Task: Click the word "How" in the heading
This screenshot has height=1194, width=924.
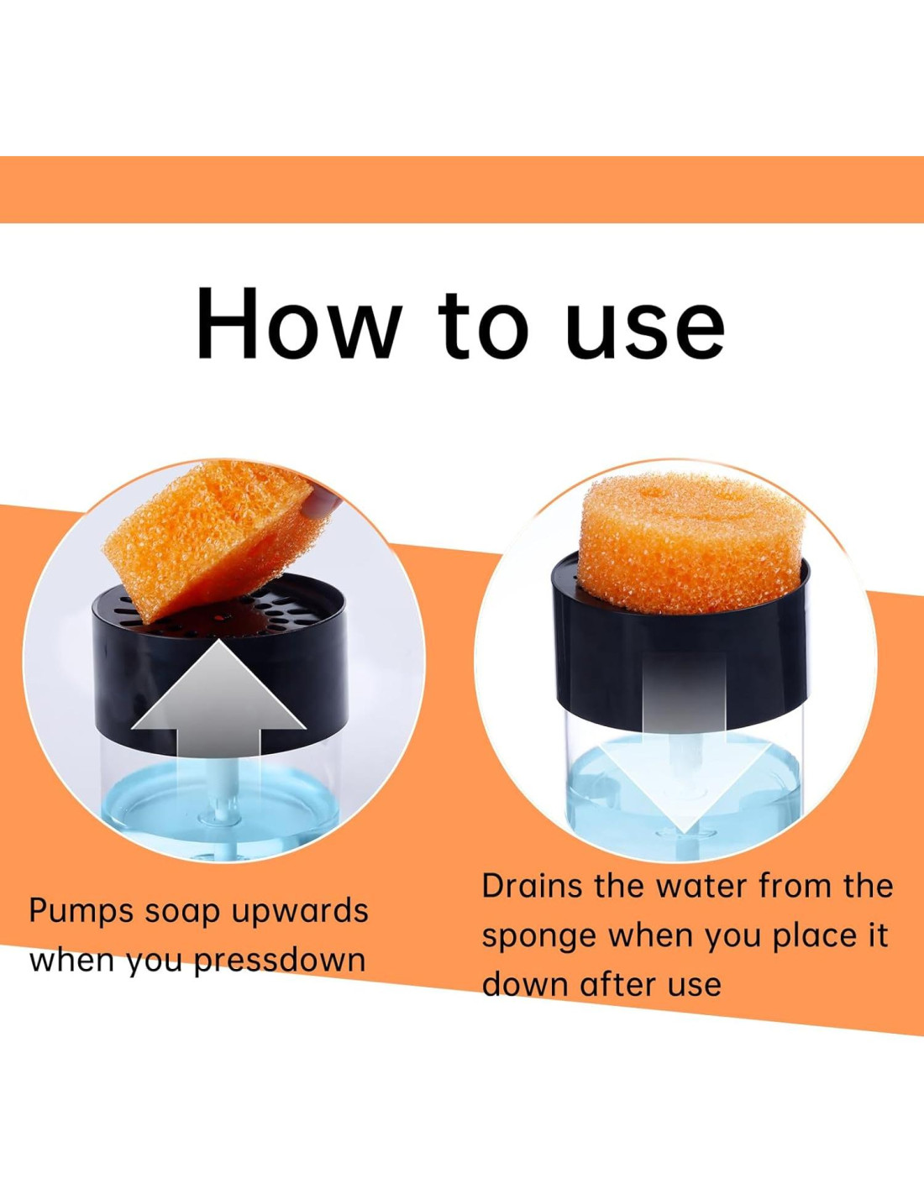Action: [x=297, y=322]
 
